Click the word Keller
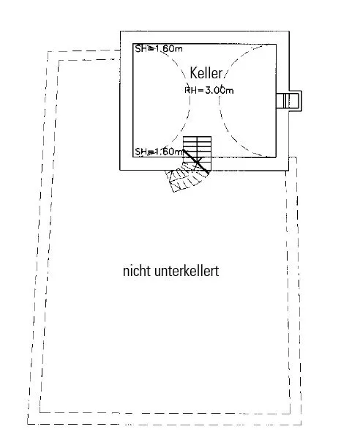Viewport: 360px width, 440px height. (206, 73)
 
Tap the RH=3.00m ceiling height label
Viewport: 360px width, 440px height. (209, 90)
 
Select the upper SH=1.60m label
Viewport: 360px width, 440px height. (159, 48)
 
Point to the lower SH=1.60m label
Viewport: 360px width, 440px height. (159, 152)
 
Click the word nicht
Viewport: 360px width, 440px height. (137, 271)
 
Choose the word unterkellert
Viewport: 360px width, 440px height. (187, 271)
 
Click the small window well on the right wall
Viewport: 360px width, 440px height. (289, 100)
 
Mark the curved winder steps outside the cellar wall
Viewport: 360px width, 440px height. (187, 179)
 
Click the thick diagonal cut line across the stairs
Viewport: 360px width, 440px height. (196, 161)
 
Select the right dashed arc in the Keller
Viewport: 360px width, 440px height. (225, 100)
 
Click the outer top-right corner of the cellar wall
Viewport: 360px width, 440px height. (289, 31)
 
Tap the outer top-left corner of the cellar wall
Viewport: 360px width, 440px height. (120, 31)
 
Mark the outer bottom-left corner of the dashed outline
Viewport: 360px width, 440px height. (28, 424)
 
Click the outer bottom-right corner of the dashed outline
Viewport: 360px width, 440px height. (301, 425)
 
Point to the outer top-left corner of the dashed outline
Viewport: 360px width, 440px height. (48, 52)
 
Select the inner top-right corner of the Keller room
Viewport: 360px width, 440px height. (276, 44)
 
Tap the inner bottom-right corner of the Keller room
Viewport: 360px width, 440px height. (276, 157)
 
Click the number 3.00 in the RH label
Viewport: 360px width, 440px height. (215, 90)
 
